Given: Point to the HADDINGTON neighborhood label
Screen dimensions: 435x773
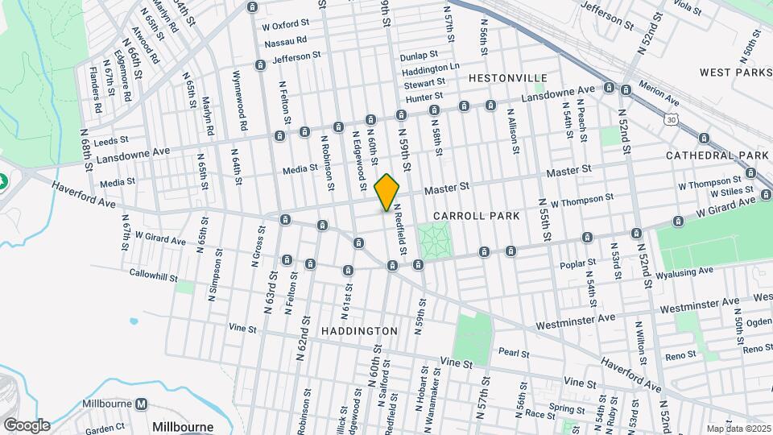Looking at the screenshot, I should (x=359, y=331).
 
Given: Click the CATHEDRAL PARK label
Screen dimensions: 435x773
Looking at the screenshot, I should (x=718, y=155).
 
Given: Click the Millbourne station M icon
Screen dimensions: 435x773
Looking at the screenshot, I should (x=142, y=404).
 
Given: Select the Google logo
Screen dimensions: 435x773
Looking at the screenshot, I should (x=27, y=425).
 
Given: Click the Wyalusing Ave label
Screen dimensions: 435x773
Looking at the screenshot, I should (x=686, y=274).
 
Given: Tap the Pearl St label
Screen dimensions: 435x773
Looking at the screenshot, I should (x=513, y=353).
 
